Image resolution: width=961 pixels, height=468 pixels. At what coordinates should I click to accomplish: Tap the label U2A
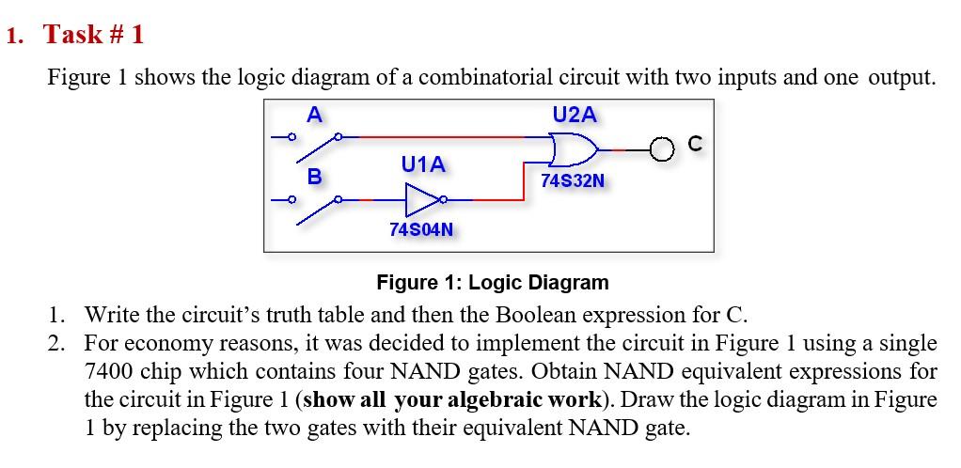click(574, 115)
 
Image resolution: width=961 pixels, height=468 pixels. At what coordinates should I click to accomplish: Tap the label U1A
click(423, 165)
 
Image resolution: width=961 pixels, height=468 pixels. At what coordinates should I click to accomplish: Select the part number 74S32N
click(573, 179)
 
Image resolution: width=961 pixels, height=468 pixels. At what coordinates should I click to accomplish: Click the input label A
click(315, 116)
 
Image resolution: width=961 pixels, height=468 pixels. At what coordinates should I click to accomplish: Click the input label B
click(315, 176)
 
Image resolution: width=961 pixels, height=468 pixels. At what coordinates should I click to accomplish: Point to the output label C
click(696, 144)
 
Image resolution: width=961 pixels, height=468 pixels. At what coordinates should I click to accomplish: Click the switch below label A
click(315, 144)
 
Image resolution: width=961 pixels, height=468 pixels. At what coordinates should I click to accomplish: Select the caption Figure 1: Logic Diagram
click(492, 282)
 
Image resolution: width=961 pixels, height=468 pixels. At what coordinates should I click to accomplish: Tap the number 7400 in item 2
click(107, 372)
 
